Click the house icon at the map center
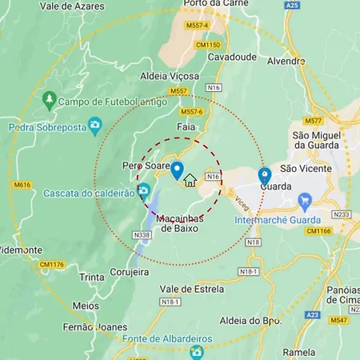click(190, 180)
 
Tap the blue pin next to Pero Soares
click(178, 170)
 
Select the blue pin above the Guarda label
click(264, 175)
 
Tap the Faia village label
click(185, 127)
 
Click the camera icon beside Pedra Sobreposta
click(95, 125)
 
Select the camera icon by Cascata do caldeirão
click(143, 190)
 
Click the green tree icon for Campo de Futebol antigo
click(50, 99)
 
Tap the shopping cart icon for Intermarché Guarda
click(304, 199)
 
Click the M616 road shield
click(22, 185)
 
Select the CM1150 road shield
click(207, 45)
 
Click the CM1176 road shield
click(52, 265)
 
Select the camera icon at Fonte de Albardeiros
click(197, 350)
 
